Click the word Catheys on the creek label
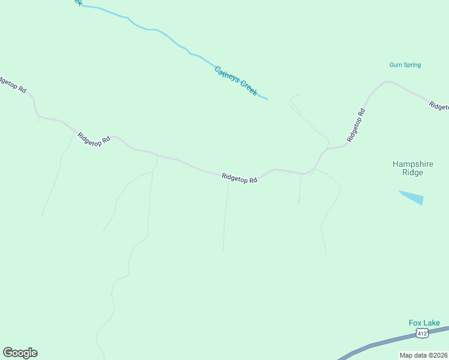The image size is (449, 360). click(228, 76)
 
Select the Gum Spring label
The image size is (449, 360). click(405, 65)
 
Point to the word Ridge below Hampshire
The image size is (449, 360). click(412, 173)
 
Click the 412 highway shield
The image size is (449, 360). click(422, 333)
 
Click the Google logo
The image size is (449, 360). click(20, 353)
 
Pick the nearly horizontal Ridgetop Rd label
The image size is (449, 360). click(239, 178)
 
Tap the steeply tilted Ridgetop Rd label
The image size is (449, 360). click(356, 125)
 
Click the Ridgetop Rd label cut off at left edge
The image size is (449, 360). click(12, 85)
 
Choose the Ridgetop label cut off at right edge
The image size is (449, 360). click(439, 106)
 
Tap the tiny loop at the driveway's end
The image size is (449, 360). click(299, 202)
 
